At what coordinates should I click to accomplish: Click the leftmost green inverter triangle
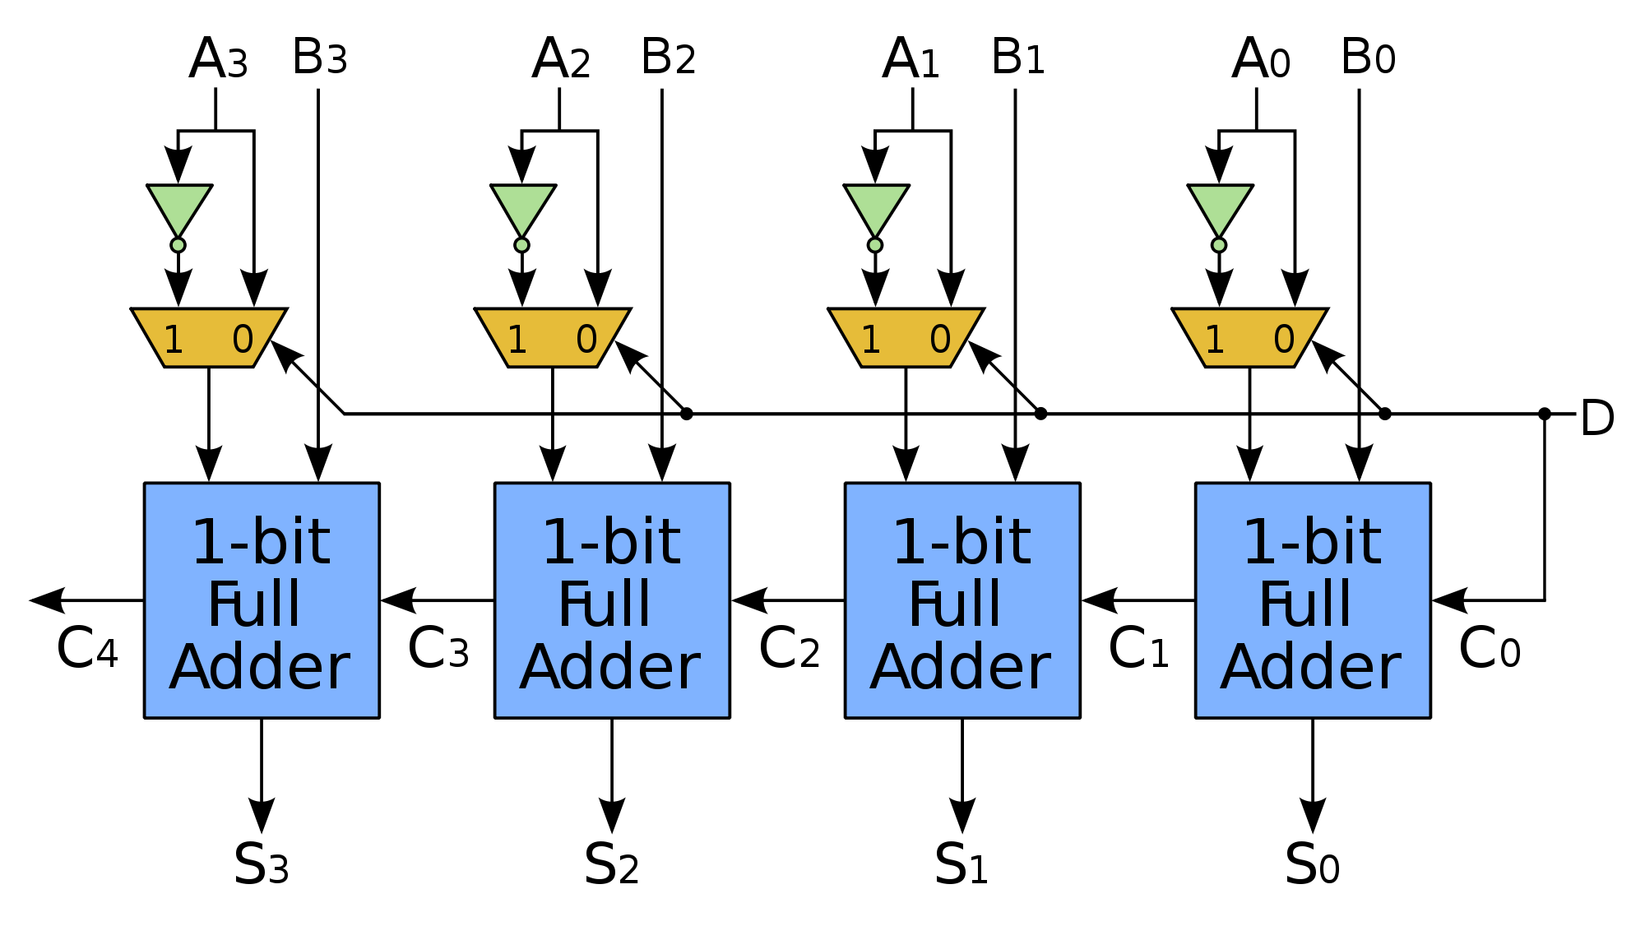click(179, 206)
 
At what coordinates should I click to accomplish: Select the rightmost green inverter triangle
click(1221, 206)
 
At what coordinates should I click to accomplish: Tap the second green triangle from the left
click(523, 206)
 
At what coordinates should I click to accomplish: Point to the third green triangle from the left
click(877, 206)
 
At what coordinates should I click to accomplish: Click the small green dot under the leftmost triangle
click(178, 245)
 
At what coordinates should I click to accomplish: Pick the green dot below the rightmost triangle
click(1219, 245)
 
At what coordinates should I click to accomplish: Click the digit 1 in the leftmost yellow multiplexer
click(174, 340)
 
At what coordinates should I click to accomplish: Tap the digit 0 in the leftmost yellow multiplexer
click(243, 340)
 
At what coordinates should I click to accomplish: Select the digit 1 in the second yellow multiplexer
click(517, 340)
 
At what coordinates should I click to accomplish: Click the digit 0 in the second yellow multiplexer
click(586, 340)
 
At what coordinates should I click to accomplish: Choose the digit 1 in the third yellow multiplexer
click(871, 340)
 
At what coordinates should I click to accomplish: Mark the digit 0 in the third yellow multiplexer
click(940, 340)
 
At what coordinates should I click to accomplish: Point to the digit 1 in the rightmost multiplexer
click(1215, 340)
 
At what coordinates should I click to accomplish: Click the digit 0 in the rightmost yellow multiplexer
click(1284, 340)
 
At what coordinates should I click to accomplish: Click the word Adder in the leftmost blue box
click(260, 667)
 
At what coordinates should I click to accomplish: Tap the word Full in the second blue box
click(605, 604)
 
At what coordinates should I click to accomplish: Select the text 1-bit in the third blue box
click(962, 542)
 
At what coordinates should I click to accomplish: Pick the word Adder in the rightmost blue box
click(1311, 667)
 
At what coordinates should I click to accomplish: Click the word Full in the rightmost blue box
click(1305, 604)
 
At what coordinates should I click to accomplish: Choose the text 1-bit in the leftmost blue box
click(261, 542)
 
